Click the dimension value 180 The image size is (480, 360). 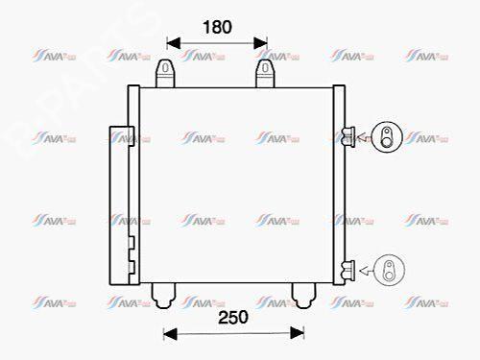point(217,28)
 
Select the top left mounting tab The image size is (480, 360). point(166,73)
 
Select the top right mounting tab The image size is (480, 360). point(267,73)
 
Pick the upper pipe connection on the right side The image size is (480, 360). point(349,133)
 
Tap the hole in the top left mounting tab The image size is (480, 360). point(166,69)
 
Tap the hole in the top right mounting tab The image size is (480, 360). point(267,69)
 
